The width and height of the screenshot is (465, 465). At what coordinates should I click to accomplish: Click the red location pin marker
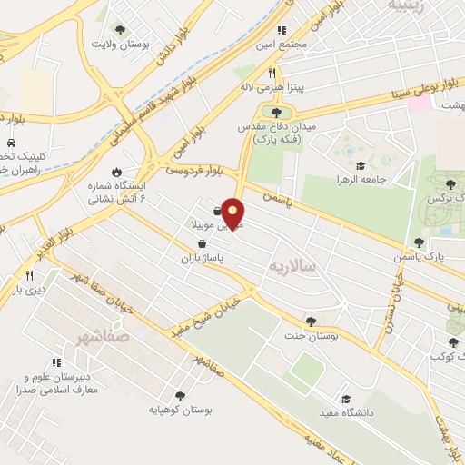coord(233,213)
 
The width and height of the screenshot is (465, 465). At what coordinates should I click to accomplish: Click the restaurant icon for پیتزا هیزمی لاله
coord(271,73)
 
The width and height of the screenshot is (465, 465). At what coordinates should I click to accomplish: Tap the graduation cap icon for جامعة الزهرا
coord(361,165)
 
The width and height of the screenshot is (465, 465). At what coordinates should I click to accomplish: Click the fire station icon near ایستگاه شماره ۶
coord(116,173)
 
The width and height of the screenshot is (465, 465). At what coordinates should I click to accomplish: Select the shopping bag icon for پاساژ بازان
coord(201,243)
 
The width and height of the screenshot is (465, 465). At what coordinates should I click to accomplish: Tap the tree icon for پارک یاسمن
coord(419,242)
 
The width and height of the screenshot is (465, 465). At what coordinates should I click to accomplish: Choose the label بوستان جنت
coord(311,334)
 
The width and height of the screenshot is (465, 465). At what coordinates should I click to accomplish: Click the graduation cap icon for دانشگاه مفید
coord(345,399)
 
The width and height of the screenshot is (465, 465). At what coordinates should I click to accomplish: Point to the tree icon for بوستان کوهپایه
coord(180,396)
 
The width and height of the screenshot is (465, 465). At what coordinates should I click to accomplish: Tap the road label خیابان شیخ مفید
coord(215,307)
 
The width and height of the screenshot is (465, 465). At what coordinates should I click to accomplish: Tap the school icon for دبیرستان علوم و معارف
coord(56,362)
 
